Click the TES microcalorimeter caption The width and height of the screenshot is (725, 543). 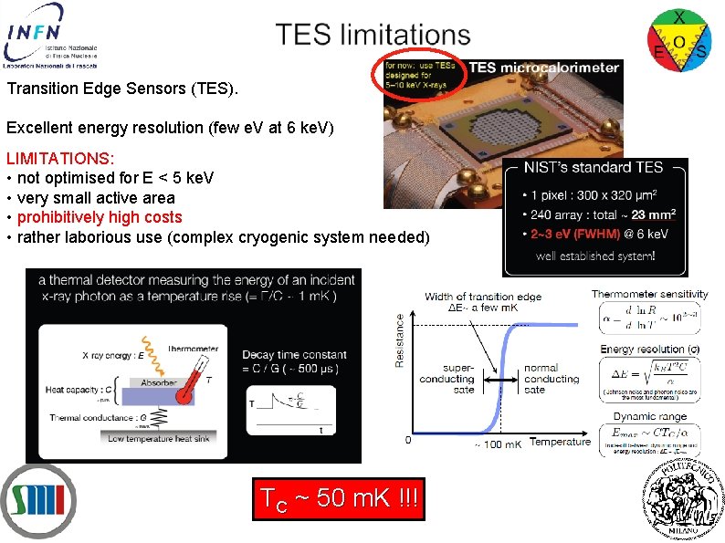click(x=544, y=68)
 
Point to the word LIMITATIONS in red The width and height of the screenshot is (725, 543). click(x=60, y=158)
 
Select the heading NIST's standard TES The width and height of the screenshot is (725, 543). click(x=594, y=168)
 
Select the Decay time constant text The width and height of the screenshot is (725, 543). click(x=294, y=355)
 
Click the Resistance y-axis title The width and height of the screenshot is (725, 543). click(x=399, y=340)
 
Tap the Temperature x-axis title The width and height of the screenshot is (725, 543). click(x=560, y=442)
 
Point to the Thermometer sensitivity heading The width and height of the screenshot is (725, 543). click(x=649, y=294)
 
